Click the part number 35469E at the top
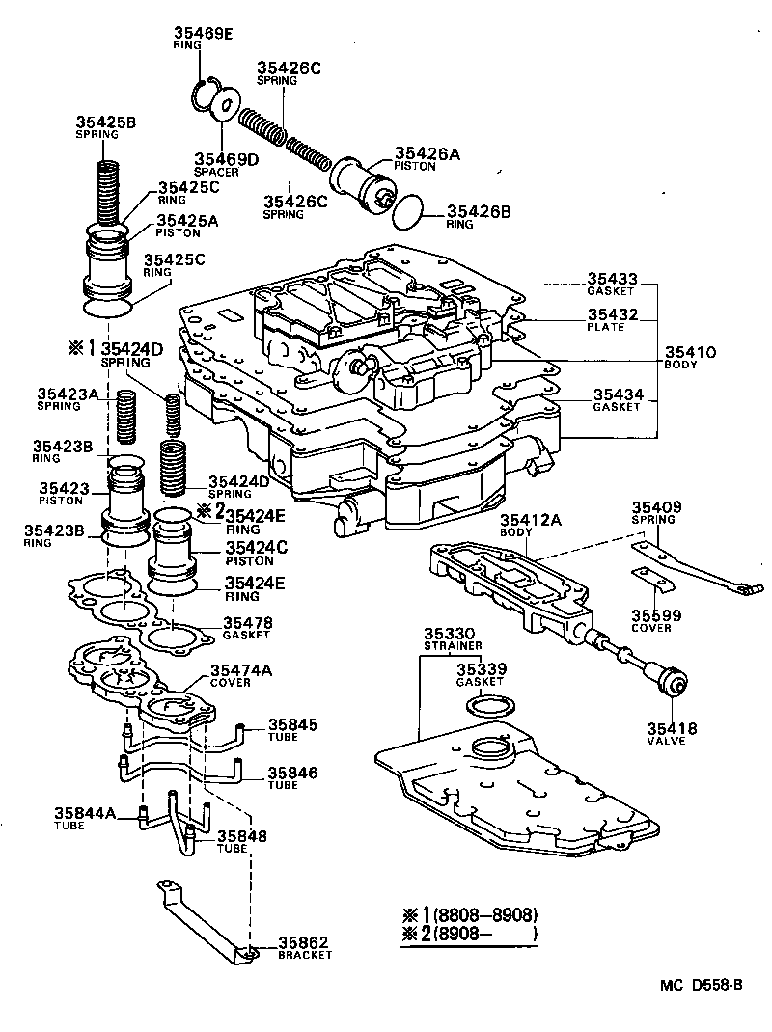point(203,34)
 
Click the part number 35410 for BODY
point(689,354)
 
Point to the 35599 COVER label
point(656,619)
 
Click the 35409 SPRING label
point(656,512)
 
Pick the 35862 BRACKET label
point(305,947)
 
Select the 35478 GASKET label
point(248,628)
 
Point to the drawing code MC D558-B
point(701,984)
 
